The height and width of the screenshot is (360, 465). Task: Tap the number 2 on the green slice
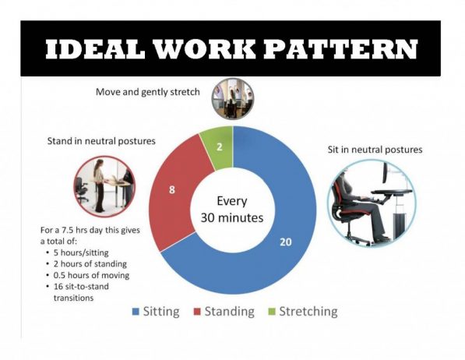(218, 146)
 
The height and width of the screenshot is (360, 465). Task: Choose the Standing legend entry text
(230, 312)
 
